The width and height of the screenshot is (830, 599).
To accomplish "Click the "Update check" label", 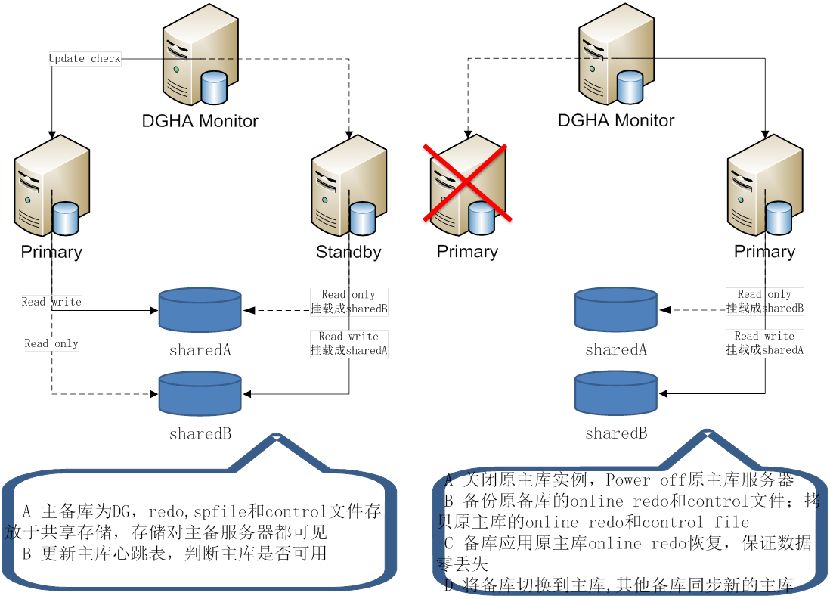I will [85, 58].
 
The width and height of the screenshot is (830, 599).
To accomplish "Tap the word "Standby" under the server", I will [348, 252].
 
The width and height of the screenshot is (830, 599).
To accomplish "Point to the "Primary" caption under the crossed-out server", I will [467, 252].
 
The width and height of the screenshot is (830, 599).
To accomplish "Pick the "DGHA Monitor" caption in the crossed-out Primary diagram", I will [615, 120].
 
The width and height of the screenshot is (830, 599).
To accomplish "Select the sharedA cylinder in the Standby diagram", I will [200, 309].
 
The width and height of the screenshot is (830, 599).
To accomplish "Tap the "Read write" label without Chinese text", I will [51, 302].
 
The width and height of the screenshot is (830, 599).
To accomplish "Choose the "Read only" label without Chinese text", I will [51, 343].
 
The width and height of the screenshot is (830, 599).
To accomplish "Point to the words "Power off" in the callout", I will [641, 480].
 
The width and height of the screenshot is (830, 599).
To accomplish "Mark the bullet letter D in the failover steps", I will [448, 585].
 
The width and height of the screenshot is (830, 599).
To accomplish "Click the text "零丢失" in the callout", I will [463, 564].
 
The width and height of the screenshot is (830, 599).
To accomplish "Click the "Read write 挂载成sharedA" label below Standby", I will [348, 343].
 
